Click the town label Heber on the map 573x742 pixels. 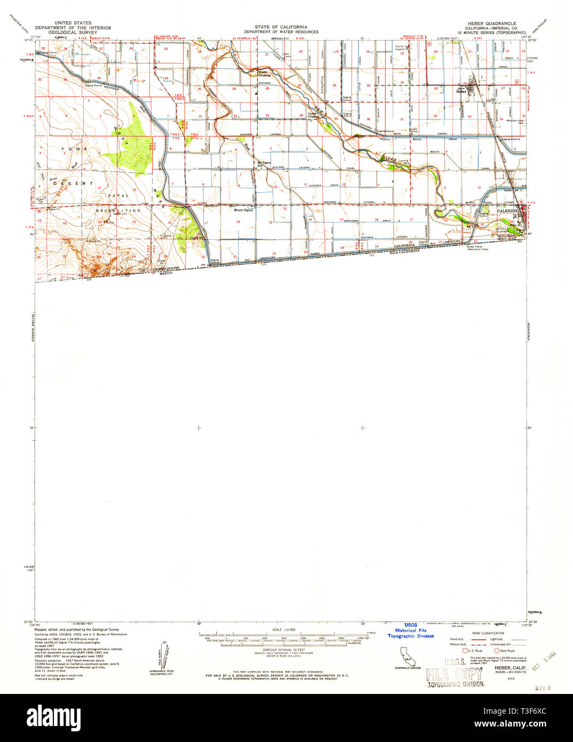pyautogui.click(x=461, y=91)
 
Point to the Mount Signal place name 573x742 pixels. pyautogui.click(x=243, y=210)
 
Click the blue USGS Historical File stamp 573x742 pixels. pyautogui.click(x=410, y=630)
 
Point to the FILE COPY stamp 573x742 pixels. pyautogui.click(x=455, y=674)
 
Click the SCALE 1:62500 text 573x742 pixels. pyautogui.click(x=286, y=630)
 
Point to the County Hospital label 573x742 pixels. pyautogui.click(x=400, y=48)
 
